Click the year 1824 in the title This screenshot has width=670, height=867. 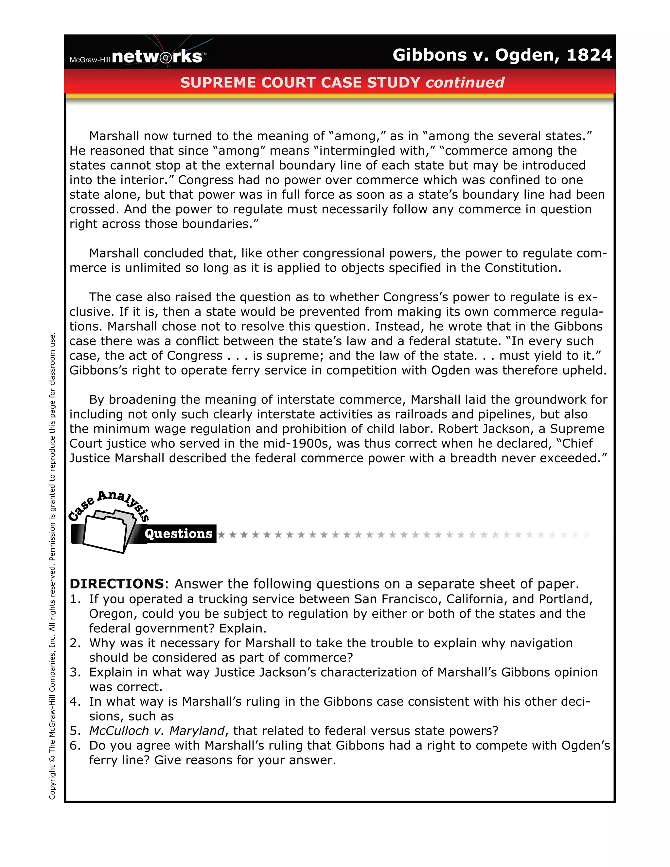[x=589, y=55]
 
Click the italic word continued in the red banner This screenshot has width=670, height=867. [x=465, y=82]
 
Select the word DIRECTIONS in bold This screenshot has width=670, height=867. [x=117, y=584]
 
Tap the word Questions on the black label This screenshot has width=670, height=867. [x=178, y=534]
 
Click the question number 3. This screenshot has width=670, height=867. [x=75, y=672]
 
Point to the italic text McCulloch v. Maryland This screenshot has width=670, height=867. [x=157, y=731]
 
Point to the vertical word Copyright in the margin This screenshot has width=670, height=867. [x=52, y=782]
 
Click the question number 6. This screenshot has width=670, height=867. [x=75, y=746]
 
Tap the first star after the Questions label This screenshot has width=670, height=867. [x=221, y=535]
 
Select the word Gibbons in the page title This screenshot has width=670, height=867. [x=430, y=55]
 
